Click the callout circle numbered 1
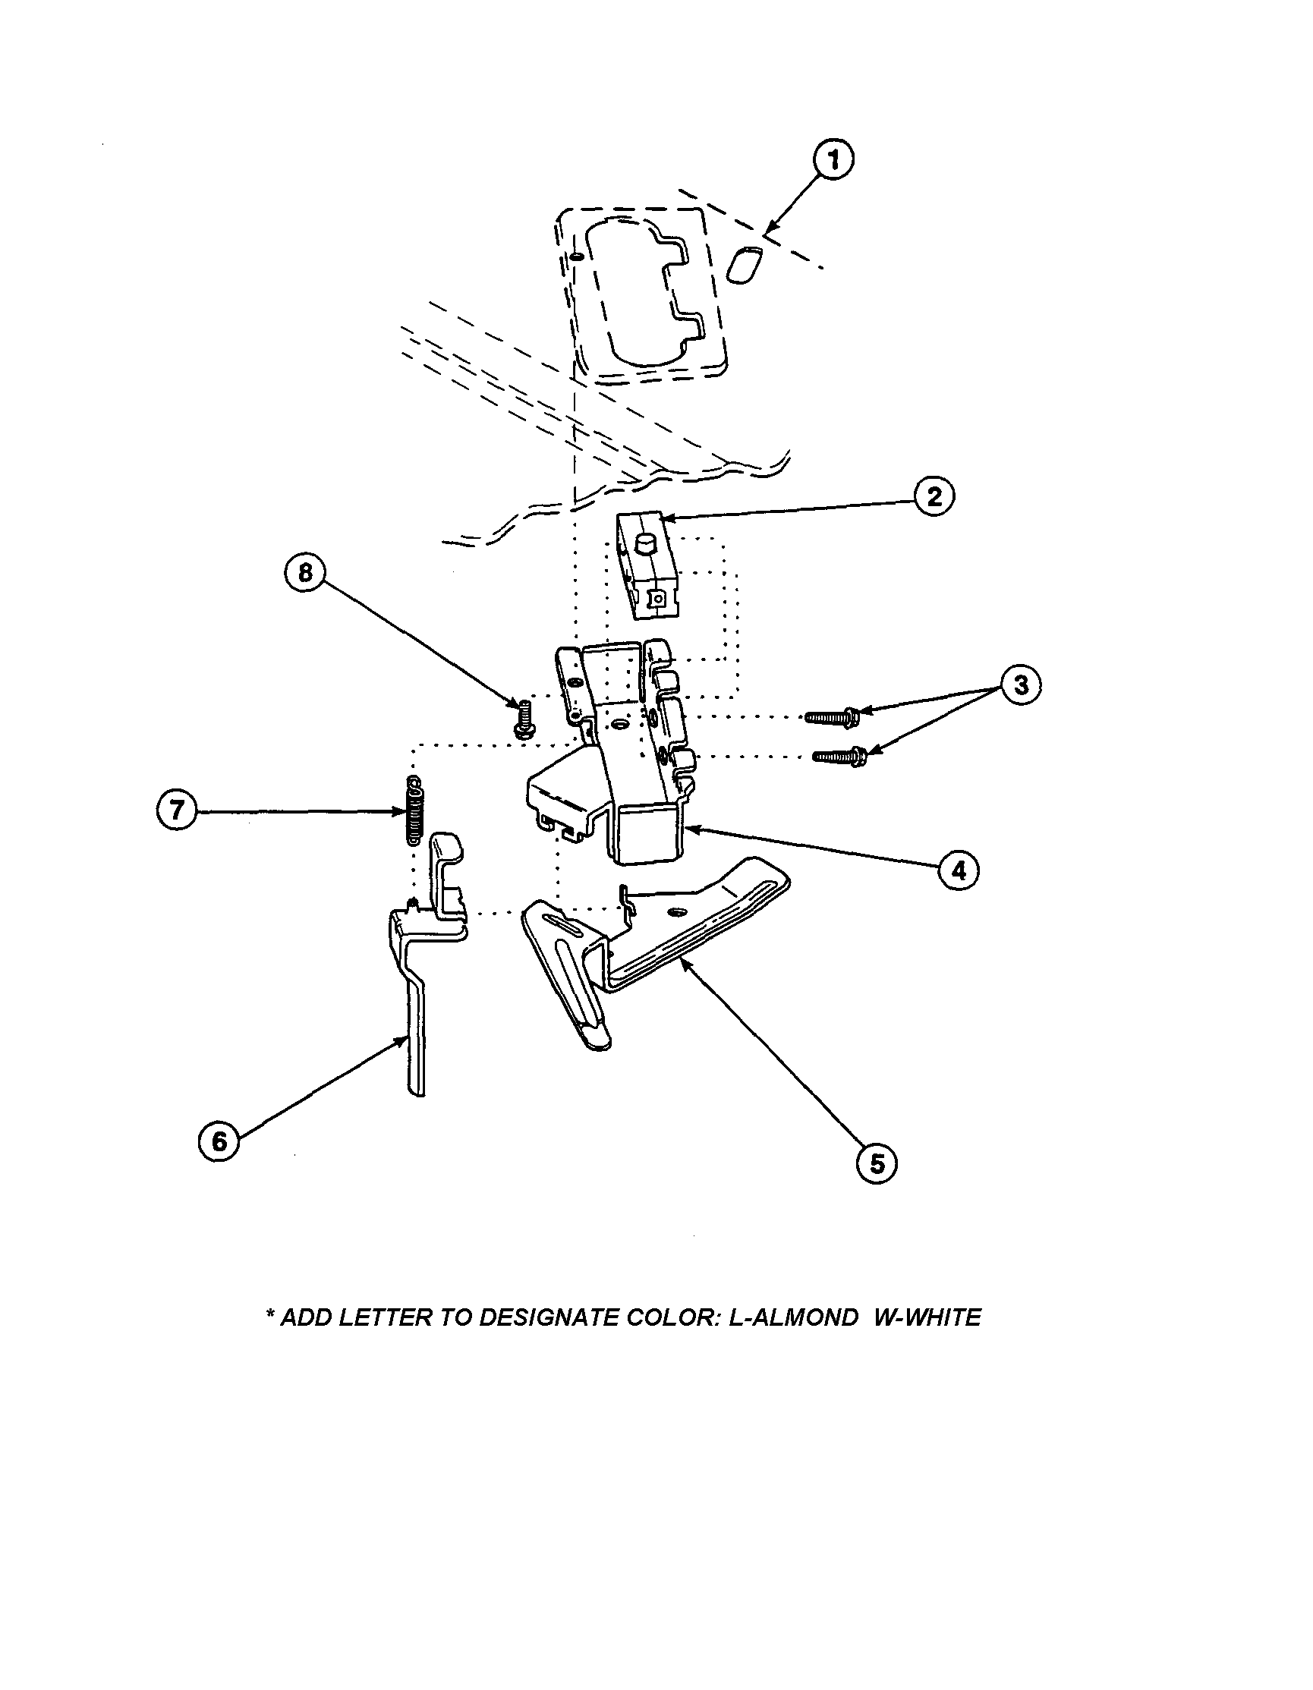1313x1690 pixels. [x=833, y=160]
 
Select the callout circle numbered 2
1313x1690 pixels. [x=934, y=496]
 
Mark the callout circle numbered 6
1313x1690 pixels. [x=219, y=1141]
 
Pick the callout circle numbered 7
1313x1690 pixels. [x=176, y=810]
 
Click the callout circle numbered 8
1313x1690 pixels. [x=305, y=573]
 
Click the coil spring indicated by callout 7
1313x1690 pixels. [x=415, y=810]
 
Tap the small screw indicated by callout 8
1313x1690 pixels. [x=522, y=718]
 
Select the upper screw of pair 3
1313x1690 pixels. [x=833, y=717]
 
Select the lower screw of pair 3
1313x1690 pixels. [x=840, y=754]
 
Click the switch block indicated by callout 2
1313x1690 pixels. [x=647, y=568]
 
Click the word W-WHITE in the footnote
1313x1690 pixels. [x=927, y=1317]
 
